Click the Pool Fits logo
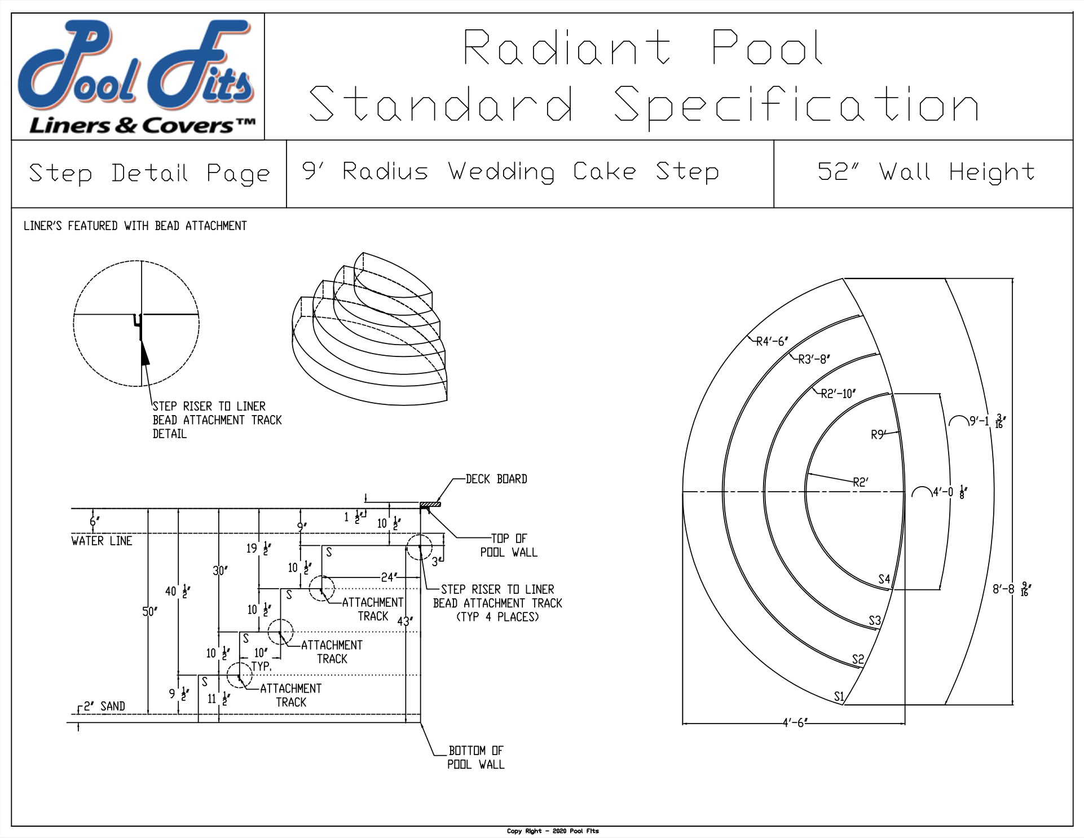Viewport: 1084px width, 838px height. click(x=137, y=77)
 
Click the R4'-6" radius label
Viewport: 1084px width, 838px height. click(x=772, y=341)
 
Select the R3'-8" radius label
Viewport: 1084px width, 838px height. click(x=814, y=359)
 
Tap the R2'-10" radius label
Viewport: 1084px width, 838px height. click(x=838, y=394)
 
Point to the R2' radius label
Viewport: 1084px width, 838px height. click(x=861, y=482)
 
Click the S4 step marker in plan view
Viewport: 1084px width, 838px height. click(x=884, y=579)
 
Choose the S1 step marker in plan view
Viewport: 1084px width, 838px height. click(x=839, y=696)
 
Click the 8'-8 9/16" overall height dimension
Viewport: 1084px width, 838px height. click(x=1012, y=589)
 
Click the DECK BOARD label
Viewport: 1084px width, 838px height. click(x=496, y=479)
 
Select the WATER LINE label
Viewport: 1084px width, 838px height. click(x=102, y=541)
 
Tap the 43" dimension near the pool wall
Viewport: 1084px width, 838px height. click(x=405, y=621)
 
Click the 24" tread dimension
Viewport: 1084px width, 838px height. click(x=388, y=577)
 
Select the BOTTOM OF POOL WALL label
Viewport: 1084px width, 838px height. click(x=476, y=757)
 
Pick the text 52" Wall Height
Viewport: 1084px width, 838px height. click(x=926, y=172)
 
